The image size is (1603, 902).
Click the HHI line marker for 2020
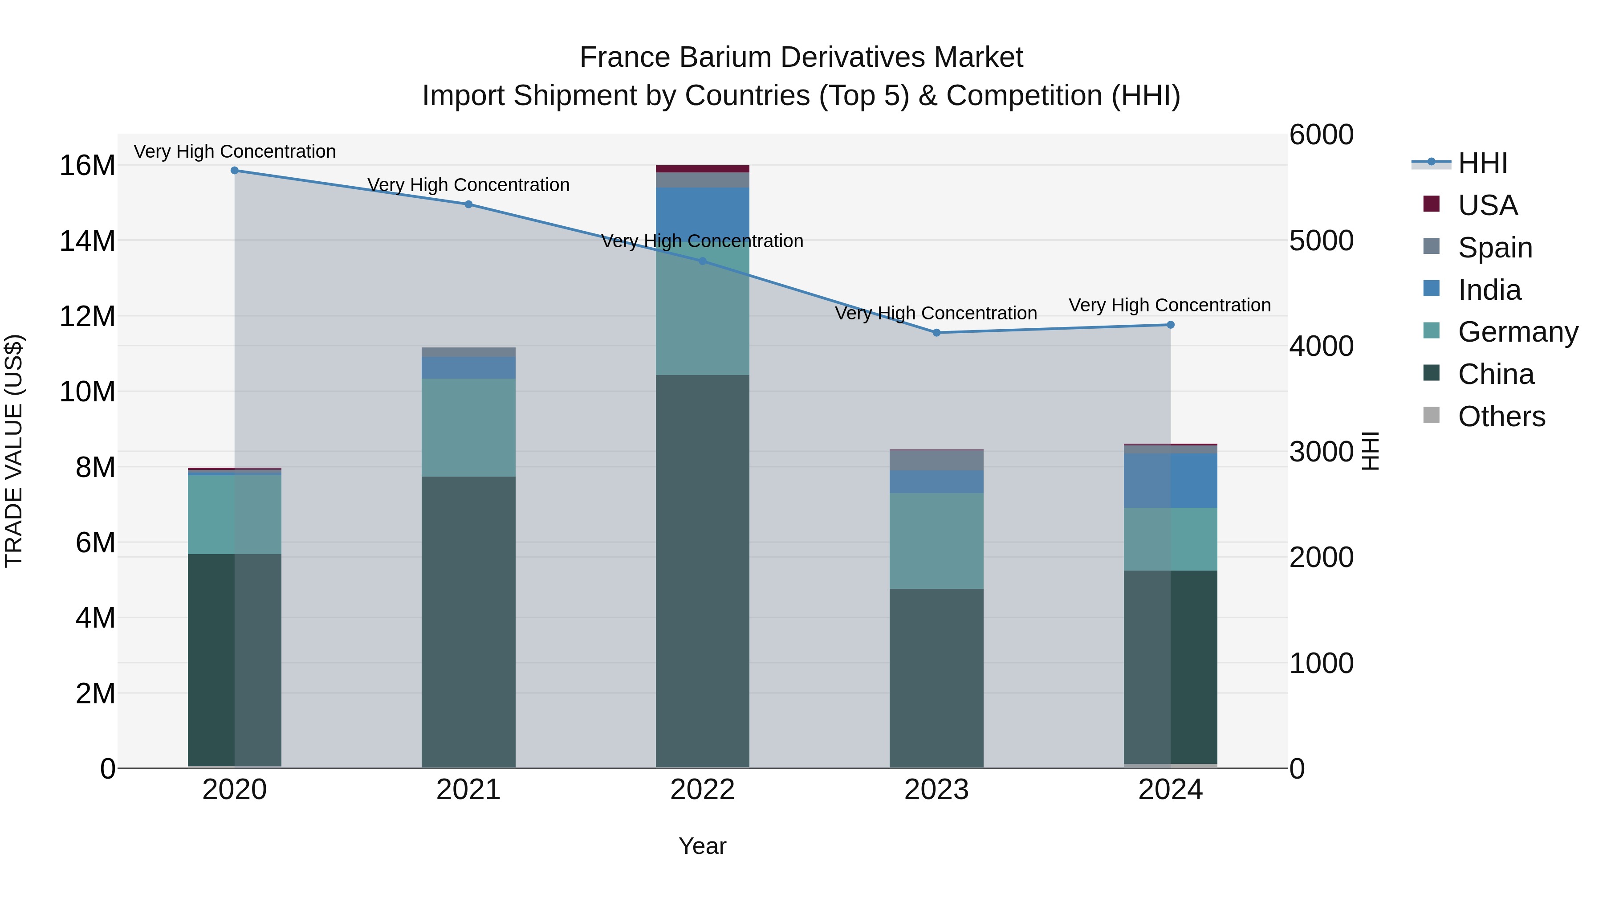click(235, 171)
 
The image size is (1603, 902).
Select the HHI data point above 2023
click(936, 333)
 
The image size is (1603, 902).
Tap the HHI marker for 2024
click(1171, 325)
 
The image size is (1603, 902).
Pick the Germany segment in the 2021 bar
click(468, 428)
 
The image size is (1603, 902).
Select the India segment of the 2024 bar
click(1171, 481)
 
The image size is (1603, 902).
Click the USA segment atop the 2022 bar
click(703, 169)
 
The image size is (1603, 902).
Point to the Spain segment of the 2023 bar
click(936, 461)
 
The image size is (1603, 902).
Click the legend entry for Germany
click(1518, 332)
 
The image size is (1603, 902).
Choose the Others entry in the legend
click(1501, 416)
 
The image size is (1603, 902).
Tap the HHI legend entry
click(1482, 163)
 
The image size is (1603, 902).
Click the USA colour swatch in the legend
click(1431, 204)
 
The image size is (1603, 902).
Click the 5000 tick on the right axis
click(1321, 241)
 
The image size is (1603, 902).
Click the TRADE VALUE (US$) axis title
click(14, 451)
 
